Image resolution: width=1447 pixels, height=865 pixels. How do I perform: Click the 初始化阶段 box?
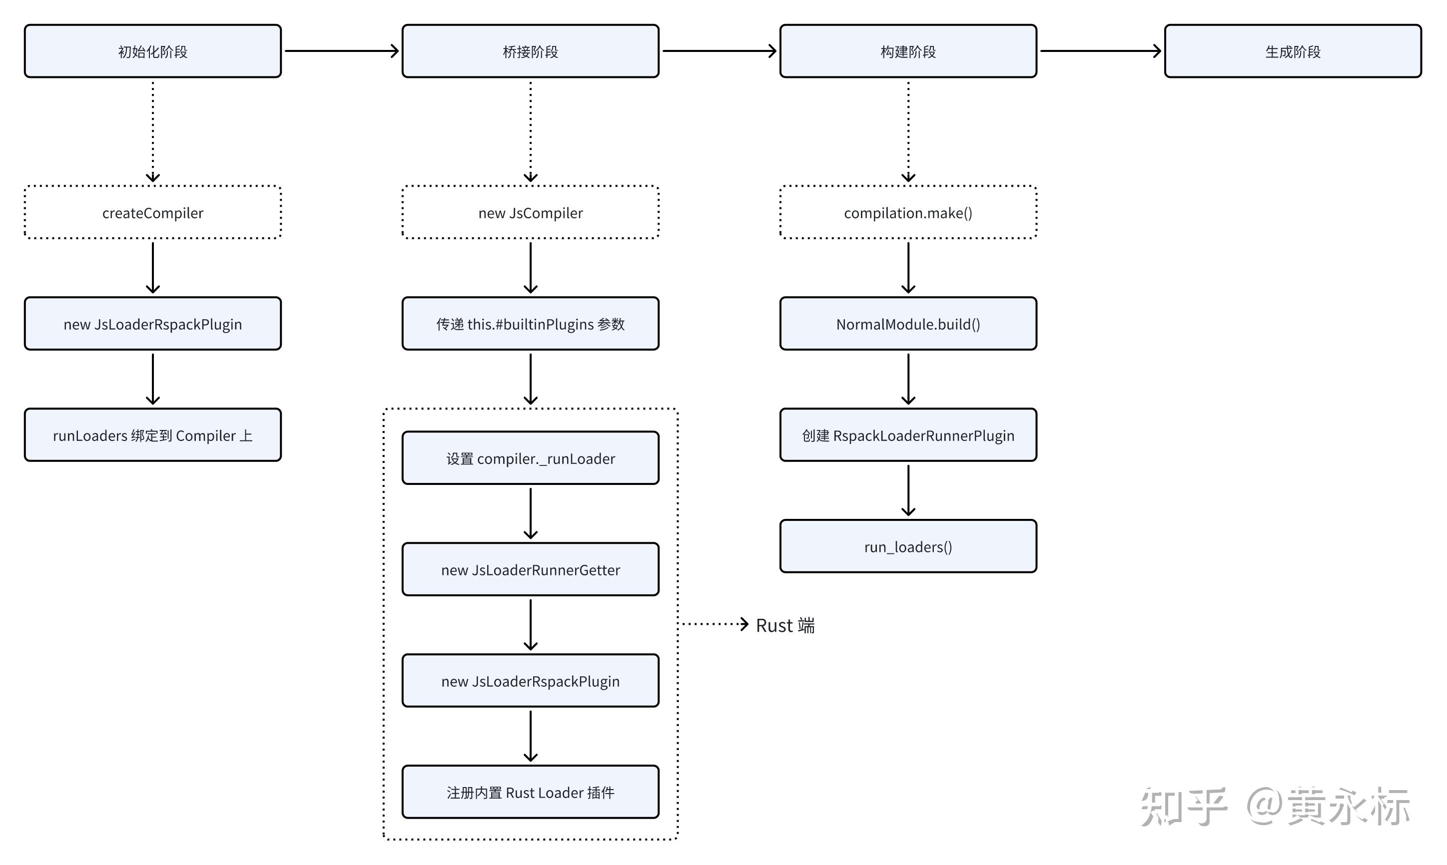click(153, 51)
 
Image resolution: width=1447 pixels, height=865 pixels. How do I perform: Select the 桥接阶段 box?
click(530, 51)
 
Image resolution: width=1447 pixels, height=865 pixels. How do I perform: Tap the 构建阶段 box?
click(908, 51)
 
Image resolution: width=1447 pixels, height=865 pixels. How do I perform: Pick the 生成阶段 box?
click(1293, 51)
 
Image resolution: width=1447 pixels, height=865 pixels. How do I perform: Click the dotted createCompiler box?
click(153, 213)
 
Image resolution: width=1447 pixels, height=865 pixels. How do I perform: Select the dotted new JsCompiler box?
click(530, 213)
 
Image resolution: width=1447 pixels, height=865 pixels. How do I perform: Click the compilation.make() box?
click(908, 213)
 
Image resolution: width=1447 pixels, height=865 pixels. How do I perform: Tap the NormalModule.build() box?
click(908, 324)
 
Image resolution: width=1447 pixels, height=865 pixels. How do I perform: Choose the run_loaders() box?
click(908, 547)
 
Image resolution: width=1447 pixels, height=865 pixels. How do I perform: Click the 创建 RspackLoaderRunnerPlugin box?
click(908, 435)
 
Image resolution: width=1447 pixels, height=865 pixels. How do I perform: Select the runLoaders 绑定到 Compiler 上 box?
click(153, 435)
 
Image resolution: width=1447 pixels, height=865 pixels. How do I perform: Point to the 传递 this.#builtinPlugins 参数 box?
click(530, 324)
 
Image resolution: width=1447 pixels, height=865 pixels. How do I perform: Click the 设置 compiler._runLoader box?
click(530, 459)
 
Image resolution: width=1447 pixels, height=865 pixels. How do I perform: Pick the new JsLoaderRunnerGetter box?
click(530, 570)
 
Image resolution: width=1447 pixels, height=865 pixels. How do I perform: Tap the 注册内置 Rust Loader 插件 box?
click(530, 793)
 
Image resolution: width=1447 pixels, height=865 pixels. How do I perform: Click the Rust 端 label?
click(785, 625)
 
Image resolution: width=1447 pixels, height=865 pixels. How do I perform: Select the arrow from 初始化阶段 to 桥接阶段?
click(341, 51)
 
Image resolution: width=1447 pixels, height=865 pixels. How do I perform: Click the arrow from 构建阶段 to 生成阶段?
click(1100, 51)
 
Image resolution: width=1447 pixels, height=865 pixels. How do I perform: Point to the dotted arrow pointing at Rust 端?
click(714, 624)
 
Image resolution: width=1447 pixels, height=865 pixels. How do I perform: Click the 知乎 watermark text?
click(1184, 807)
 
